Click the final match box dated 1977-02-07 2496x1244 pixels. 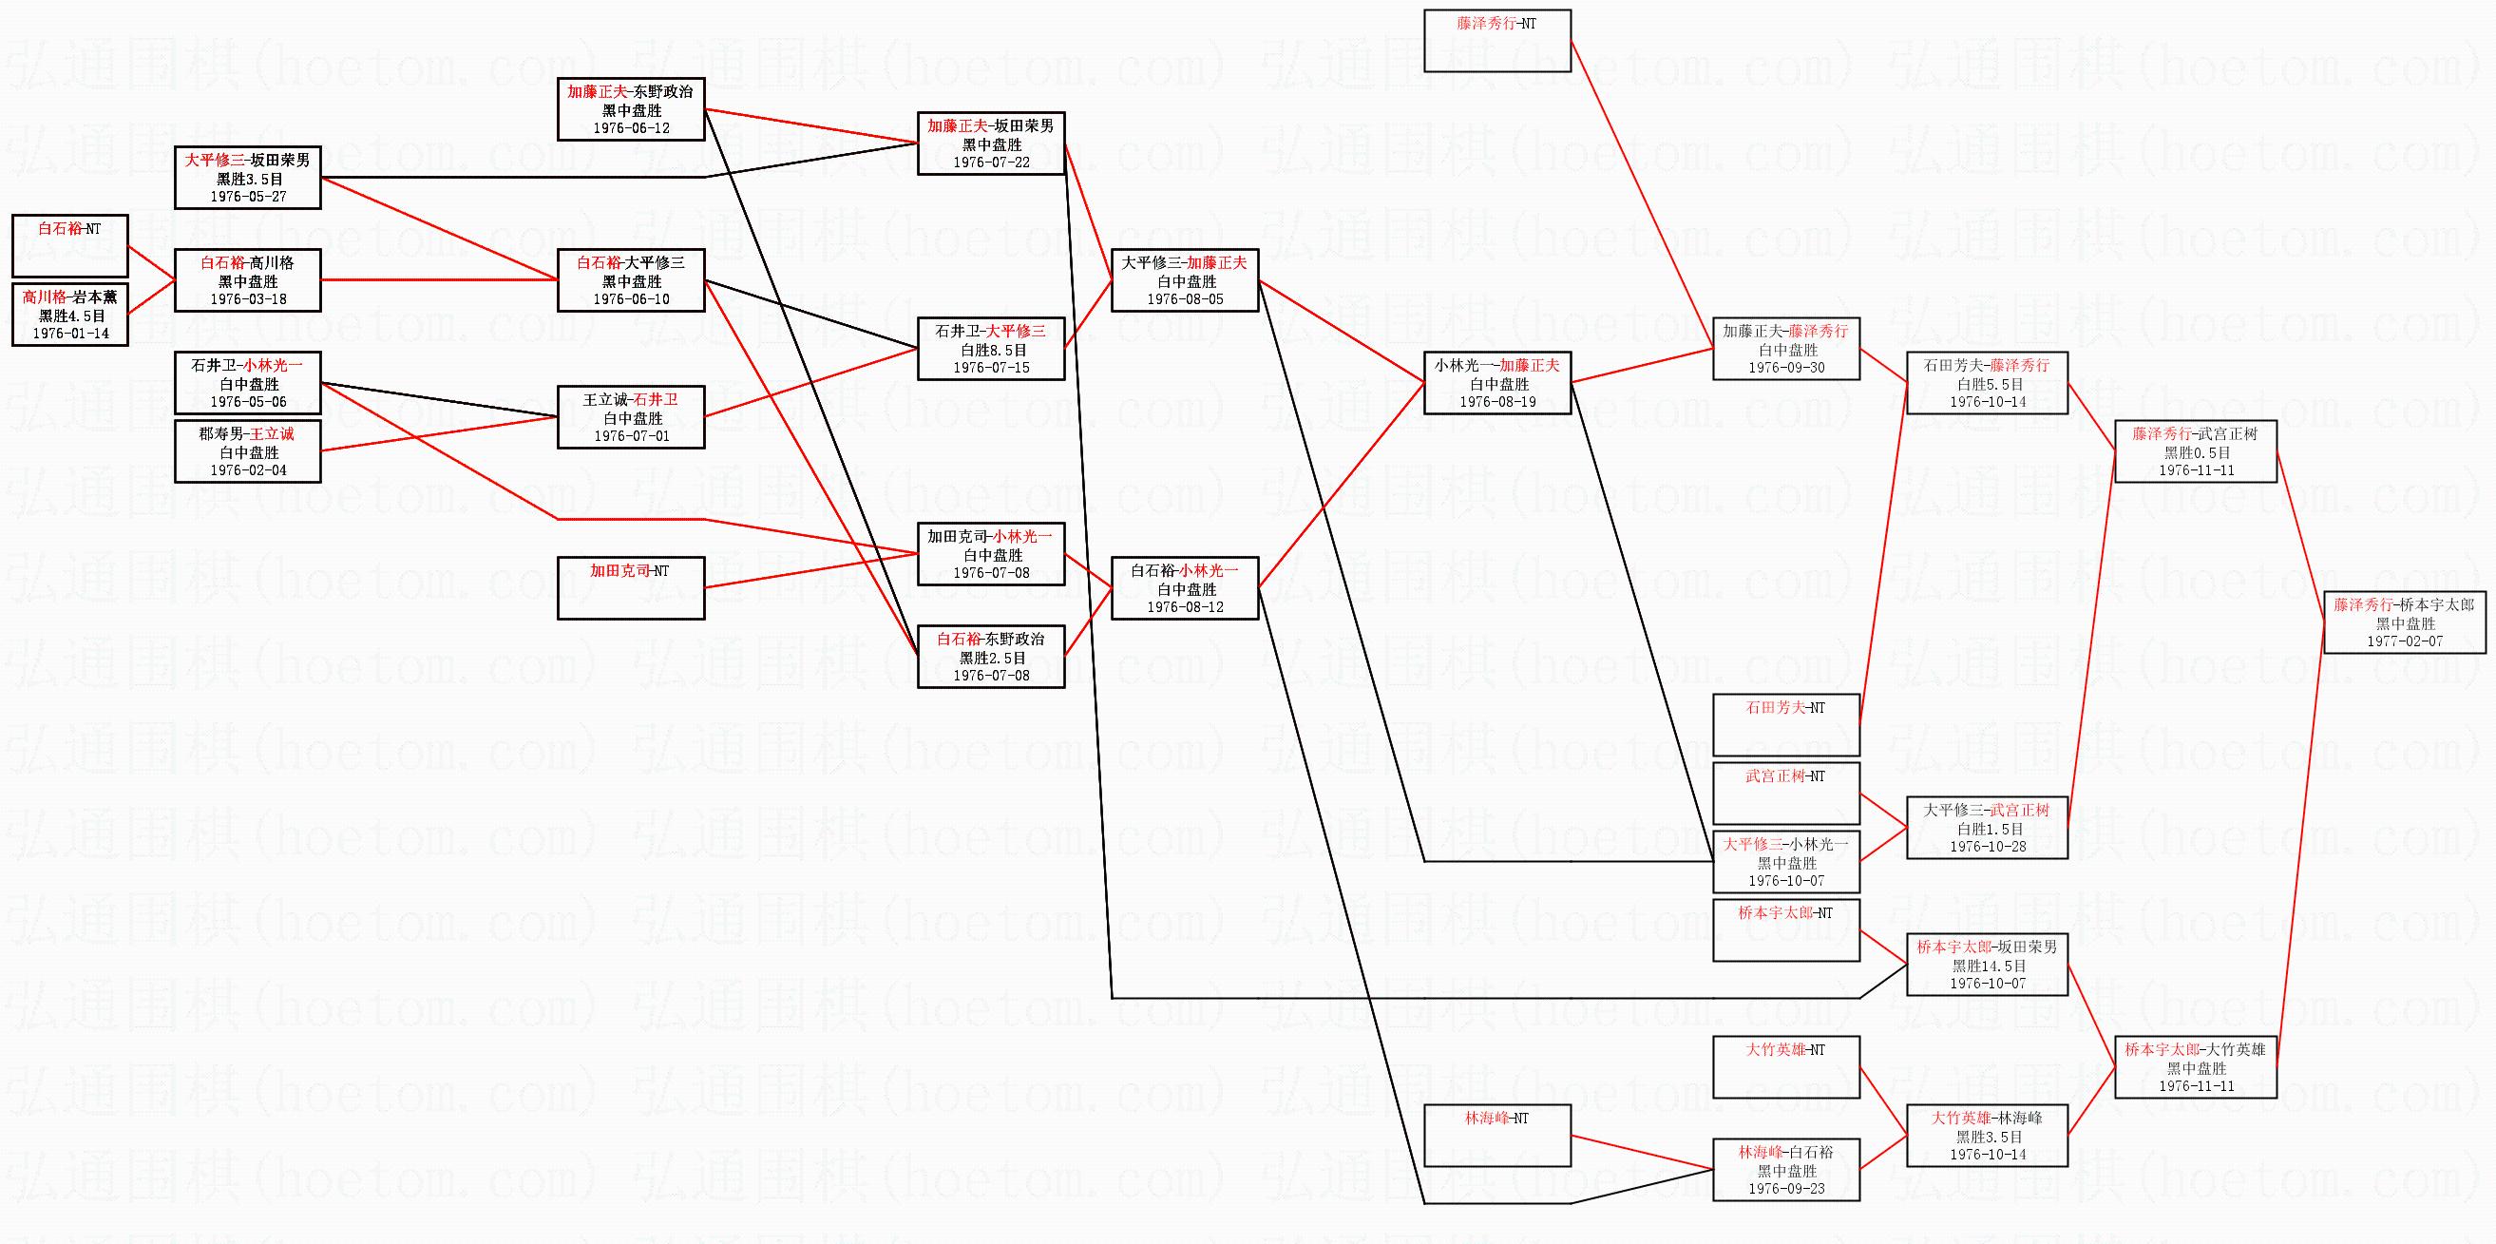(x=2404, y=623)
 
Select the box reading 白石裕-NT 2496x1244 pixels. (x=69, y=245)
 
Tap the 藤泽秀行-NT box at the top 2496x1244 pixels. (x=1496, y=40)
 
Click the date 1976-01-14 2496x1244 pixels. (x=70, y=334)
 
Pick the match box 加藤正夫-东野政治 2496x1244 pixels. (x=631, y=108)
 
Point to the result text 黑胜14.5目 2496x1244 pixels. (x=1988, y=966)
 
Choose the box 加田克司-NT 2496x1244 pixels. (x=631, y=587)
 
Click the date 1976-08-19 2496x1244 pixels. (x=1497, y=402)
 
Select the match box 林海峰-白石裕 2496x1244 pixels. (x=1785, y=1170)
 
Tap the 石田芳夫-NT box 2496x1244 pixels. (x=1785, y=724)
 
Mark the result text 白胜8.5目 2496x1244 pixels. (x=992, y=350)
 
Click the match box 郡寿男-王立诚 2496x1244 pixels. (x=247, y=451)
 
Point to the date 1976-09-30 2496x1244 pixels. (x=1785, y=368)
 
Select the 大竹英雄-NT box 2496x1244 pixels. (x=1785, y=1065)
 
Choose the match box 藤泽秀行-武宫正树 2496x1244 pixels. (x=2195, y=451)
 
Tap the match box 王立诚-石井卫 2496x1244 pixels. (x=631, y=416)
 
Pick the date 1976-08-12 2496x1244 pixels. (x=1185, y=607)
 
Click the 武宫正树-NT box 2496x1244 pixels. (x=1785, y=793)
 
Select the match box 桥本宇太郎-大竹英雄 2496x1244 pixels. (x=2195, y=1066)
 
